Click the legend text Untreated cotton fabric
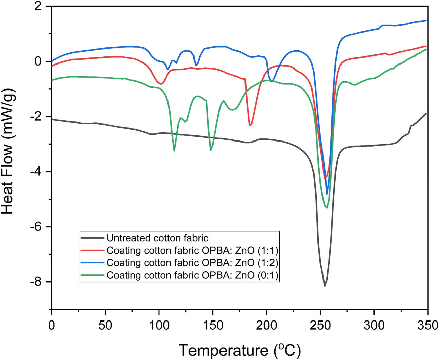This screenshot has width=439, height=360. coord(158,238)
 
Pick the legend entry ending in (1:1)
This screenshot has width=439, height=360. coord(192,250)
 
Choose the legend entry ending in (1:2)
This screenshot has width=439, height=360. coord(192,263)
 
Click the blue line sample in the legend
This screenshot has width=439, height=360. coord(93,263)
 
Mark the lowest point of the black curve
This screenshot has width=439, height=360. coord(325,286)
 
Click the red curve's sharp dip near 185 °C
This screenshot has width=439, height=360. coord(250,125)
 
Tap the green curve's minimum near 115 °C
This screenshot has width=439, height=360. coord(174,151)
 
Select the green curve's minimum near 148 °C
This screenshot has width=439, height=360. coord(211,150)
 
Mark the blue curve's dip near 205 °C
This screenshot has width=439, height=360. coord(272,81)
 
